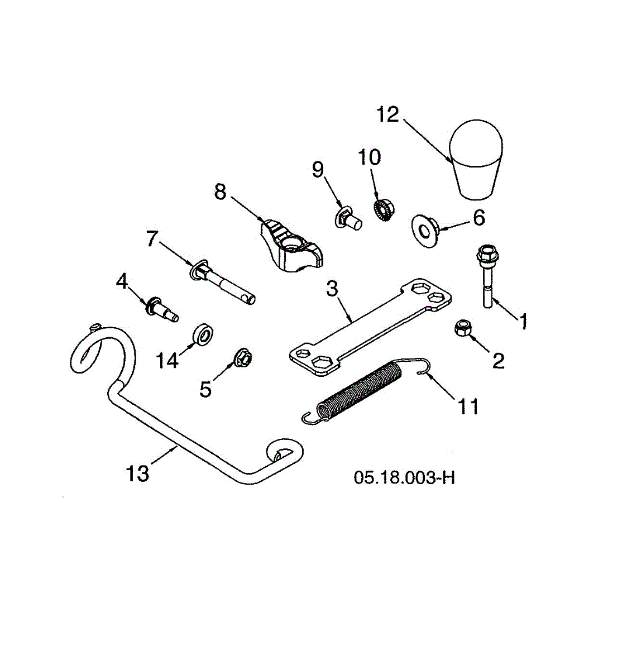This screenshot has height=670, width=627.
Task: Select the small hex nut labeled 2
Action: point(463,328)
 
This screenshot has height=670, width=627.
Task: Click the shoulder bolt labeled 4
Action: point(161,309)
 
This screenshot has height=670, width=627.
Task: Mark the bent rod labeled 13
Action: point(184,435)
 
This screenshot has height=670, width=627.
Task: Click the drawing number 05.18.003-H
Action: point(404,478)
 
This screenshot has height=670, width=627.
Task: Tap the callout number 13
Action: point(137,473)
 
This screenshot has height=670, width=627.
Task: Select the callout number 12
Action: point(387,114)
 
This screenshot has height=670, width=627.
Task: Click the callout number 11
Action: point(468,406)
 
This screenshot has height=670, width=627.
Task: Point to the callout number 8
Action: point(220,192)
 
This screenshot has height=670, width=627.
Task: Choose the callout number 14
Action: point(167,360)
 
